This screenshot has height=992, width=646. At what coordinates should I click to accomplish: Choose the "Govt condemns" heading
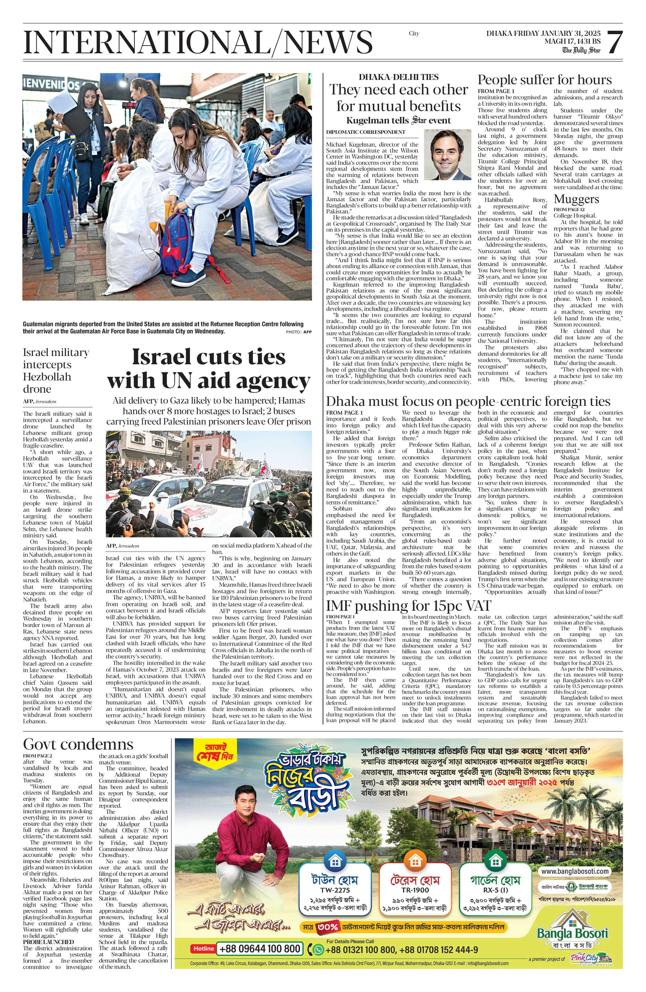(78, 744)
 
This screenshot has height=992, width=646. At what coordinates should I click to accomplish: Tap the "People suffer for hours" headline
(544, 80)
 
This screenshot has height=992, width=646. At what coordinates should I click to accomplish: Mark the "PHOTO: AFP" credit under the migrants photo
(298, 332)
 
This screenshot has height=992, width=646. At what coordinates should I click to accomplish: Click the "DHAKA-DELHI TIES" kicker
(398, 77)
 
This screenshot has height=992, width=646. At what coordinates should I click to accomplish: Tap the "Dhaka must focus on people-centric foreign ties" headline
(468, 401)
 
